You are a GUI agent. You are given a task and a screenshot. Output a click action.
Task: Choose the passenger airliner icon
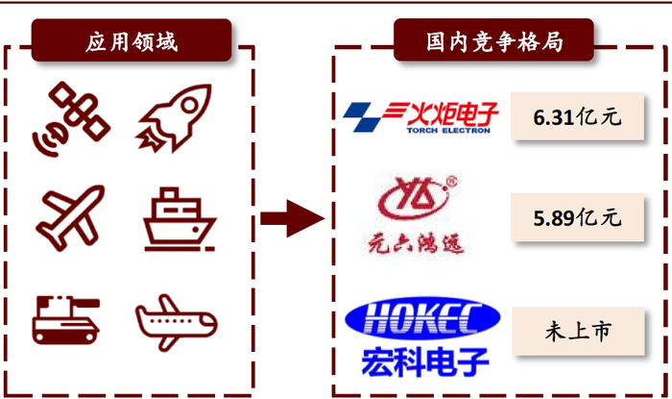[178, 318]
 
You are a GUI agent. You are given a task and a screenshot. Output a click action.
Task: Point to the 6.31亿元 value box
[577, 117]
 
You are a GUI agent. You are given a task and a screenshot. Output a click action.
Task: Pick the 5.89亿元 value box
[577, 217]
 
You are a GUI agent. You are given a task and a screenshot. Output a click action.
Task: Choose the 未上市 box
[577, 332]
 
